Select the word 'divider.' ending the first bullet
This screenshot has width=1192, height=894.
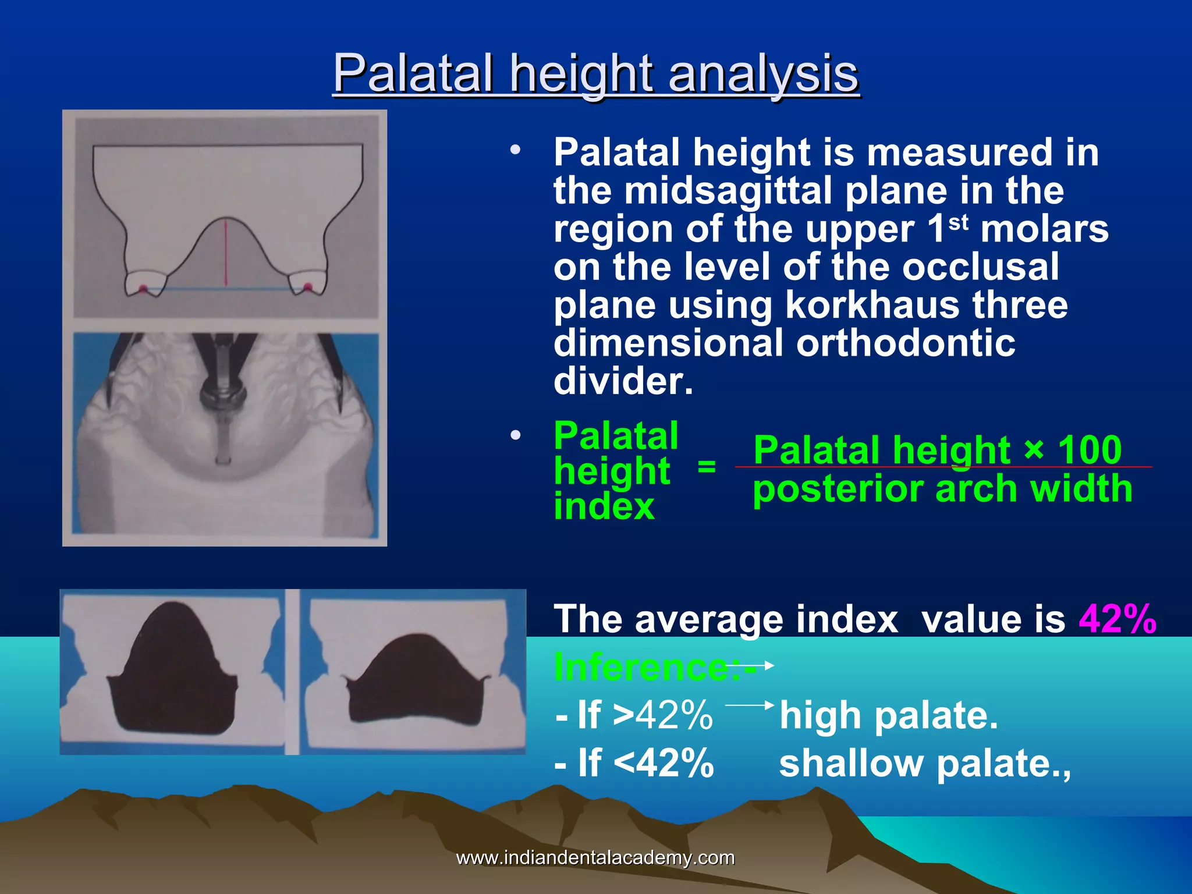(623, 381)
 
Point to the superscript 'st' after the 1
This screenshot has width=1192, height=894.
(959, 222)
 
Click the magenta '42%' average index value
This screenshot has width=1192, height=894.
(1117, 619)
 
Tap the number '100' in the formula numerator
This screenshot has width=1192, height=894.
(1089, 449)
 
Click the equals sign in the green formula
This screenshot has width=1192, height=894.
(707, 466)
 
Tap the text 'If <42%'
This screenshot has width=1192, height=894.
(634, 763)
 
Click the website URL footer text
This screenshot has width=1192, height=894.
(595, 857)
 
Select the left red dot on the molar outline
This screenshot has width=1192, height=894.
(143, 288)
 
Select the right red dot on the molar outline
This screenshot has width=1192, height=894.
(308, 286)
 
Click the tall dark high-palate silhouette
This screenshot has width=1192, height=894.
(172, 669)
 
